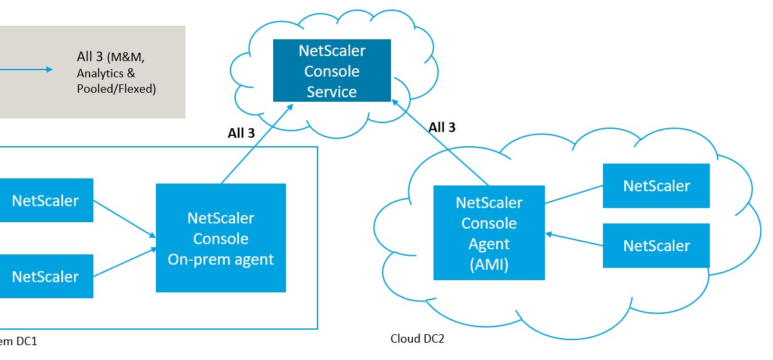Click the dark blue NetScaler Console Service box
(332, 71)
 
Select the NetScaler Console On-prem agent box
(221, 238)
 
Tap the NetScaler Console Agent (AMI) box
(489, 233)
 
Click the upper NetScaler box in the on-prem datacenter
(45, 200)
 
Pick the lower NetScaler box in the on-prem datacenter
(45, 276)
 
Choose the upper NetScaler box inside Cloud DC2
(656, 186)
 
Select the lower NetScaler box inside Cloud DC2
(656, 245)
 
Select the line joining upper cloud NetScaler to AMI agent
(573, 195)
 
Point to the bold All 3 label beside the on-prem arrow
(241, 133)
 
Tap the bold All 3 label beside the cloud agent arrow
(442, 128)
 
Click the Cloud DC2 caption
(417, 339)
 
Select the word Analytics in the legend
(100, 73)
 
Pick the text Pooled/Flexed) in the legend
(117, 89)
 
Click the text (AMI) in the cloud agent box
(489, 265)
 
